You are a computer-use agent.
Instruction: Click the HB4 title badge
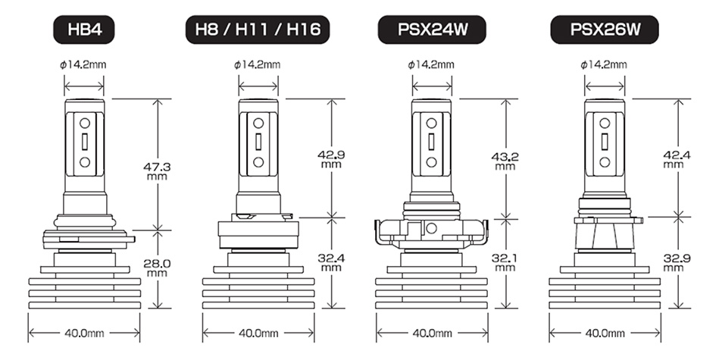pyautogui.click(x=84, y=30)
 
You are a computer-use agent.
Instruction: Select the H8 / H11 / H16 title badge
pyautogui.click(x=258, y=30)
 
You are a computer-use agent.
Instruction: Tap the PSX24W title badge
pyautogui.click(x=432, y=30)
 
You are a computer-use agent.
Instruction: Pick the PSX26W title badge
pyautogui.click(x=605, y=30)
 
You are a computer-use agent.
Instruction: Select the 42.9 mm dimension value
pyautogui.click(x=331, y=158)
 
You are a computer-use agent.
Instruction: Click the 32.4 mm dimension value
pyautogui.click(x=331, y=262)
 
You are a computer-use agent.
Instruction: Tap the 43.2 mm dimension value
pyautogui.click(x=505, y=161)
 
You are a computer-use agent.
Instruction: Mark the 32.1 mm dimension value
pyautogui.click(x=505, y=262)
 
